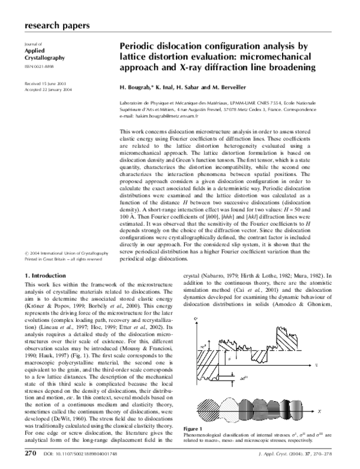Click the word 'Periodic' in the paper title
(138, 45)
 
